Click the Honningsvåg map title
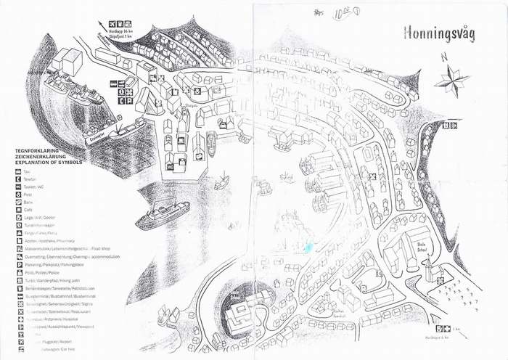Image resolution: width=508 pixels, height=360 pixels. pos(440,33)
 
